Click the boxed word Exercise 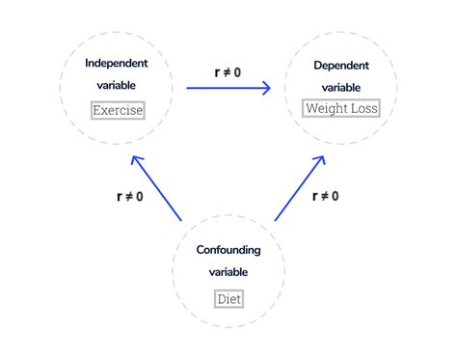pyautogui.click(x=118, y=110)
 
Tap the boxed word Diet pyautogui.click(x=228, y=298)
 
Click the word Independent pyautogui.click(x=118, y=64)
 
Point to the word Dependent pyautogui.click(x=340, y=65)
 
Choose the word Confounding pyautogui.click(x=228, y=250)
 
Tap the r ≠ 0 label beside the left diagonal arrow pyautogui.click(x=129, y=196)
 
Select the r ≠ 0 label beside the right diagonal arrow pyautogui.click(x=325, y=196)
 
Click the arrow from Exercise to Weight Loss pyautogui.click(x=228, y=89)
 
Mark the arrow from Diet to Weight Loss pyautogui.click(x=299, y=189)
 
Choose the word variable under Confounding pyautogui.click(x=228, y=271)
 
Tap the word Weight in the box pyautogui.click(x=325, y=108)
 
